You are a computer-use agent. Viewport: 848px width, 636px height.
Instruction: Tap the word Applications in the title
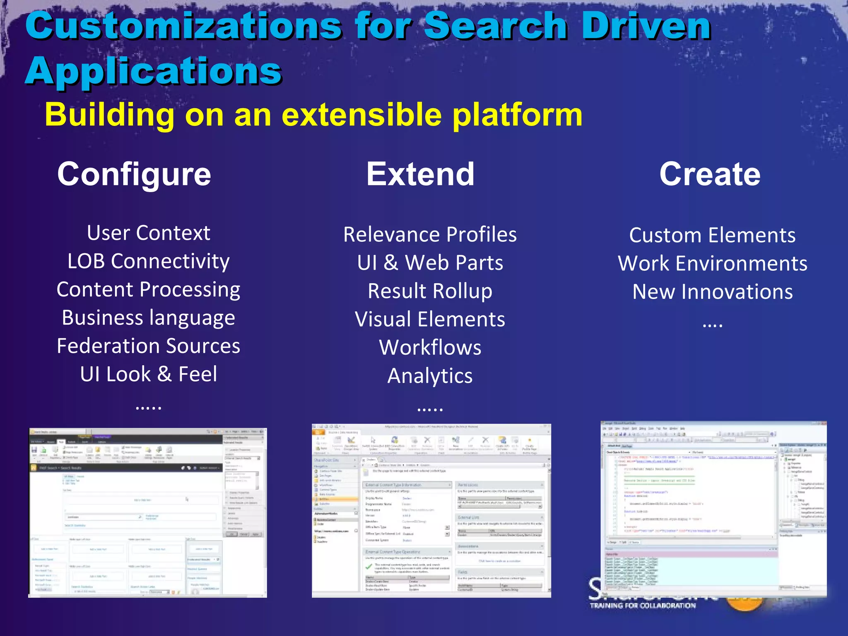tap(154, 71)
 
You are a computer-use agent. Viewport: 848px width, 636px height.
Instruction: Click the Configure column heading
tap(134, 174)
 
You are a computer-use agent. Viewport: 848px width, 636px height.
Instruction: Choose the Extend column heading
tap(420, 174)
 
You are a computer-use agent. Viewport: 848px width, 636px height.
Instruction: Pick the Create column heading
tap(710, 174)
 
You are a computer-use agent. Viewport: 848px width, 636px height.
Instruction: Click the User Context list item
tap(148, 233)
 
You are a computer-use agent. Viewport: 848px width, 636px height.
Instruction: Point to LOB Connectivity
tap(148, 261)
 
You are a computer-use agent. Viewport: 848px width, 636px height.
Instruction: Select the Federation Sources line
tap(148, 346)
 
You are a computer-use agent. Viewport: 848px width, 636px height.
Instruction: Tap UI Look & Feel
tap(148, 374)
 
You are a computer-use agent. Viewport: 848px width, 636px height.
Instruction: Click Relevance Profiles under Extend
tap(430, 235)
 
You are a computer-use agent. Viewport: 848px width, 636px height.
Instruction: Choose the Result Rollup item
tap(430, 291)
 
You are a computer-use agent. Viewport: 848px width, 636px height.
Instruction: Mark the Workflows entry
tap(430, 347)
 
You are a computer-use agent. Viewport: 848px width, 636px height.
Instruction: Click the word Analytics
tap(430, 376)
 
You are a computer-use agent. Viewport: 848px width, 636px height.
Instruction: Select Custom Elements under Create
tap(712, 236)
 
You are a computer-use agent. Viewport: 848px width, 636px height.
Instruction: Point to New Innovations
tap(712, 292)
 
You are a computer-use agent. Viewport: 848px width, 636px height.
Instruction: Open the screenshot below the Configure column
tap(147, 513)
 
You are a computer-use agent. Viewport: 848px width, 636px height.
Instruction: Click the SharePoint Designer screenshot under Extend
tap(431, 511)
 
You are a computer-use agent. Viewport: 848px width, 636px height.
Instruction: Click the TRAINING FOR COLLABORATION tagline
tap(643, 606)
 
